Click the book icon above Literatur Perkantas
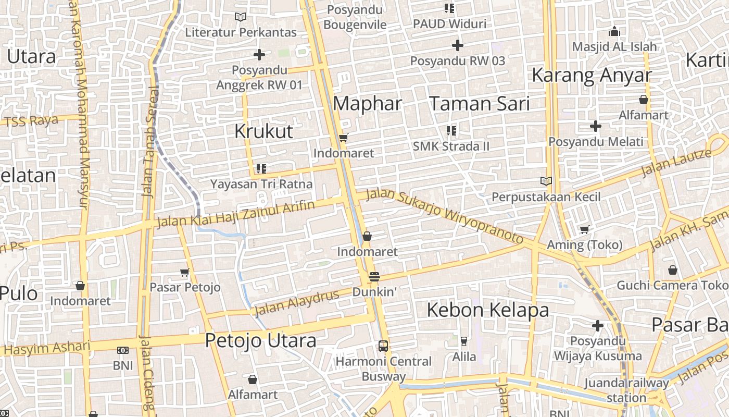(x=240, y=17)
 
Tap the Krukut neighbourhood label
(x=263, y=131)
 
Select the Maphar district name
(x=367, y=104)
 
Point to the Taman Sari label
(x=479, y=104)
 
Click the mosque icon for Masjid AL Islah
(x=614, y=32)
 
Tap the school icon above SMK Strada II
(x=451, y=131)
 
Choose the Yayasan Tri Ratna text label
(x=261, y=184)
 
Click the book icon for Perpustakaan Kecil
(x=546, y=181)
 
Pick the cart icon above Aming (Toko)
(x=585, y=230)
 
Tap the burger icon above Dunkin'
(x=374, y=277)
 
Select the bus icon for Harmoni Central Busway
(x=383, y=346)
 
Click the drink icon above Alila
(x=463, y=341)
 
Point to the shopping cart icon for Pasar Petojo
(x=184, y=272)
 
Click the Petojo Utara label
(x=260, y=341)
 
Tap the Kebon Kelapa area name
(x=488, y=310)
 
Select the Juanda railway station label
(x=626, y=390)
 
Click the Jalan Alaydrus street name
(x=296, y=302)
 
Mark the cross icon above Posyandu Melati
(x=596, y=126)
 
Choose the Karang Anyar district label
(x=591, y=76)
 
